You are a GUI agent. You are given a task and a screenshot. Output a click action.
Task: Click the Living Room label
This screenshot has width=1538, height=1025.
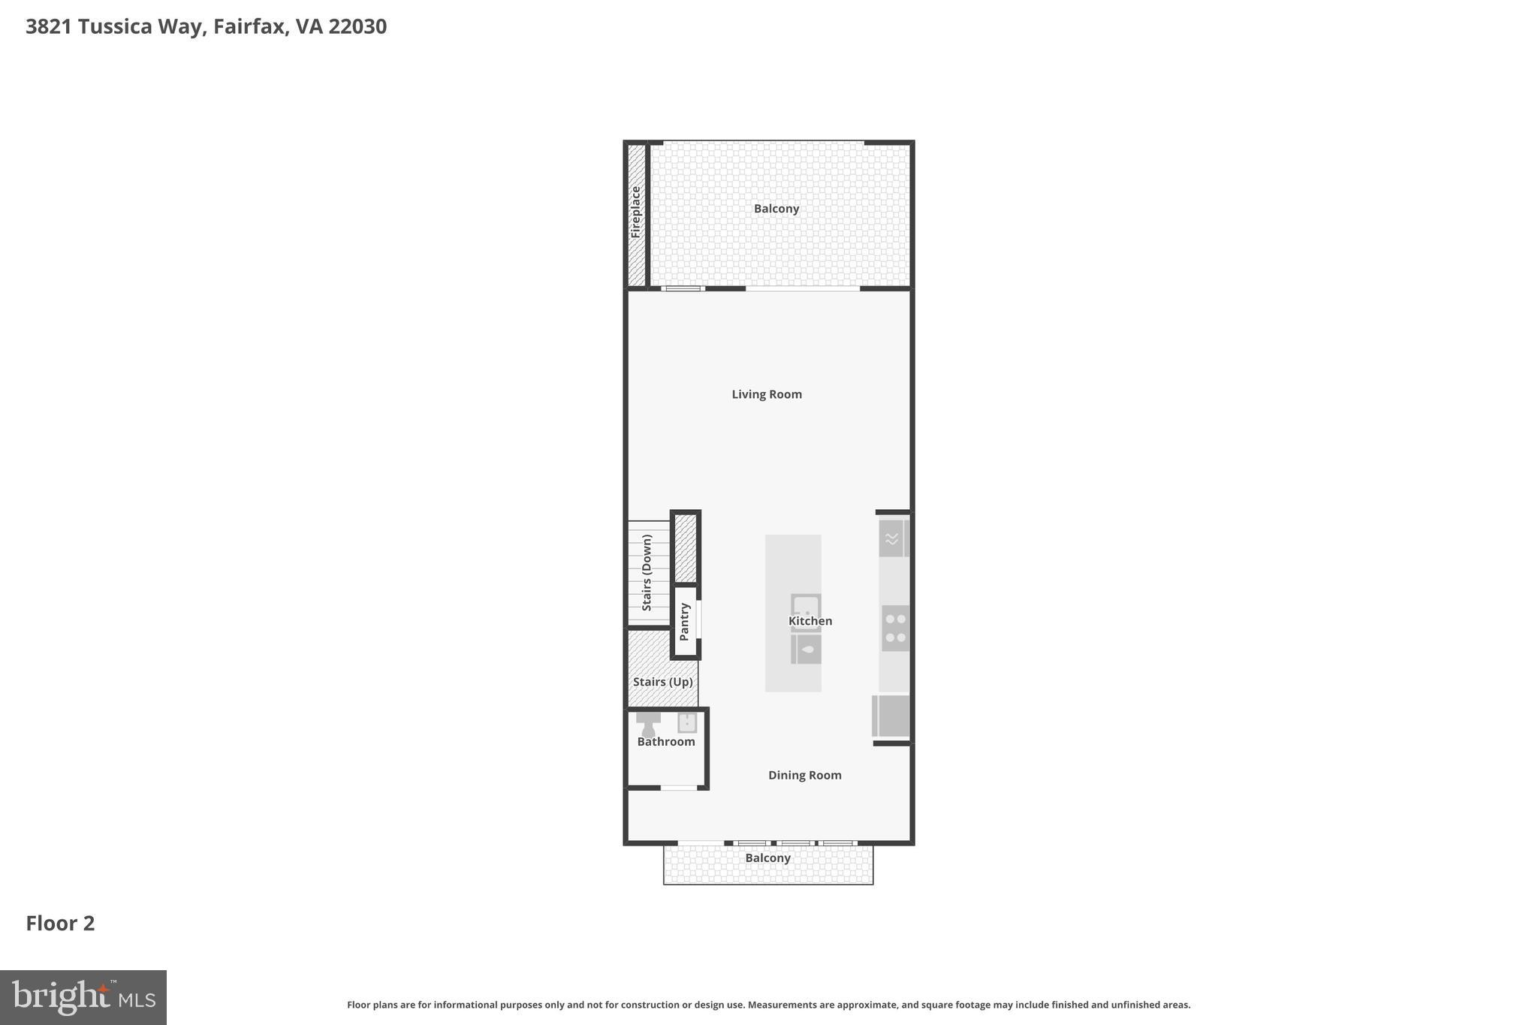click(767, 394)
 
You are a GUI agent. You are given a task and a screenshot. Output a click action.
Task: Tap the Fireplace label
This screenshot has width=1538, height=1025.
click(636, 213)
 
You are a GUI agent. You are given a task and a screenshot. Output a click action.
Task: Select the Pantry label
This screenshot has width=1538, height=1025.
click(684, 622)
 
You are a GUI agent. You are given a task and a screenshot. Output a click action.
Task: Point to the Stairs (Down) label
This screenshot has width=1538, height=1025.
click(647, 572)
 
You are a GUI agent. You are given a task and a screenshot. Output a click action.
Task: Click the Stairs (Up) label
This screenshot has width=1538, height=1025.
click(662, 682)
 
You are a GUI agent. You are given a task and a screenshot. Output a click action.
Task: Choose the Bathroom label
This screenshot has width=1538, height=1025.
click(666, 742)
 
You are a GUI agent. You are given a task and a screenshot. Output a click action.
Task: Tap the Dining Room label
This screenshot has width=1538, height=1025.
click(804, 775)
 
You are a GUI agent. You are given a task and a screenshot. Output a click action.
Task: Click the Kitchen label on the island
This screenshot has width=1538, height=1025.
click(810, 621)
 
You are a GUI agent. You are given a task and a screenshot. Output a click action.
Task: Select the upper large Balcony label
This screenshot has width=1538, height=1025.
click(777, 209)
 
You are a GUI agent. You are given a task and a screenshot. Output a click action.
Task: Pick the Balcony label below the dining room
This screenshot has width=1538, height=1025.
click(767, 858)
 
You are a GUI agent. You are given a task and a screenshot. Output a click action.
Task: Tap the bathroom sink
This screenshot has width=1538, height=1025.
click(687, 722)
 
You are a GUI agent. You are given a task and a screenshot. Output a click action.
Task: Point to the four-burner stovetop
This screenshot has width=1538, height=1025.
click(895, 629)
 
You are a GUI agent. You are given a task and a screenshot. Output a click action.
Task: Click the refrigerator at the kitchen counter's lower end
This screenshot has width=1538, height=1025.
click(891, 716)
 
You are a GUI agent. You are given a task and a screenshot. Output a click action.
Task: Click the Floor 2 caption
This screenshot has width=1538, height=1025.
click(60, 924)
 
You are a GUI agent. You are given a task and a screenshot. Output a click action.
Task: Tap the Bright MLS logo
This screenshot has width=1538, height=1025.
click(83, 997)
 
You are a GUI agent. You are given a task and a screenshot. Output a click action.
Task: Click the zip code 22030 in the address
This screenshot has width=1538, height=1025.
click(357, 27)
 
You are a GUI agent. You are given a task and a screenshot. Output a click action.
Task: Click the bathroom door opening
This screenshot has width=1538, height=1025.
click(679, 788)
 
